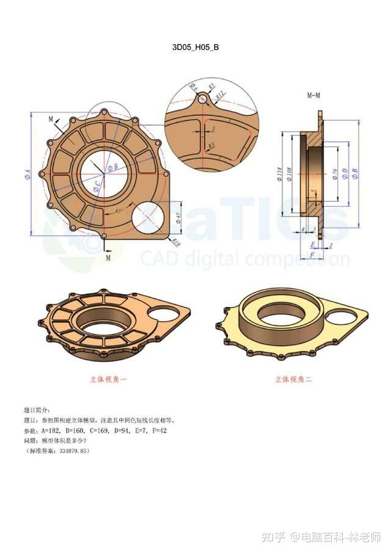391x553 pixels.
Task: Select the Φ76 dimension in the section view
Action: tap(335, 175)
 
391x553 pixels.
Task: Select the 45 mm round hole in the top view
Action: tap(150, 217)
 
